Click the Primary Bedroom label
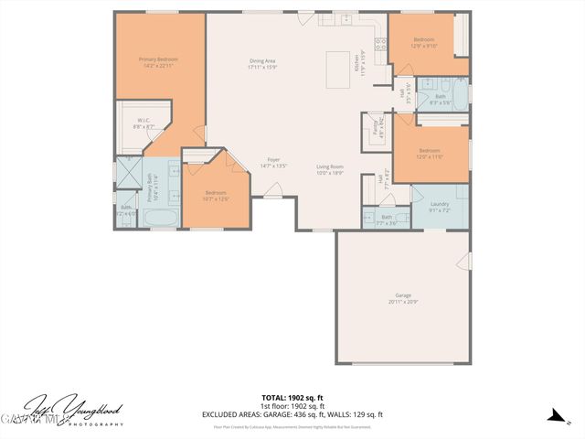[158, 60]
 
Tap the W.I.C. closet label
[144, 120]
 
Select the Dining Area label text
[262, 62]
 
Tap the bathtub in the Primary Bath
[162, 219]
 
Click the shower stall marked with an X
[126, 171]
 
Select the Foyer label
[273, 161]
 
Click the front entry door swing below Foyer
[272, 190]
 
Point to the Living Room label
[329, 167]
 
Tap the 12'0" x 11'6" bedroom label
[430, 153]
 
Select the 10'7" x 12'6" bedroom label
[216, 195]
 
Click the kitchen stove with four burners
[380, 40]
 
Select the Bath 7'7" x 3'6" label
[387, 219]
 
